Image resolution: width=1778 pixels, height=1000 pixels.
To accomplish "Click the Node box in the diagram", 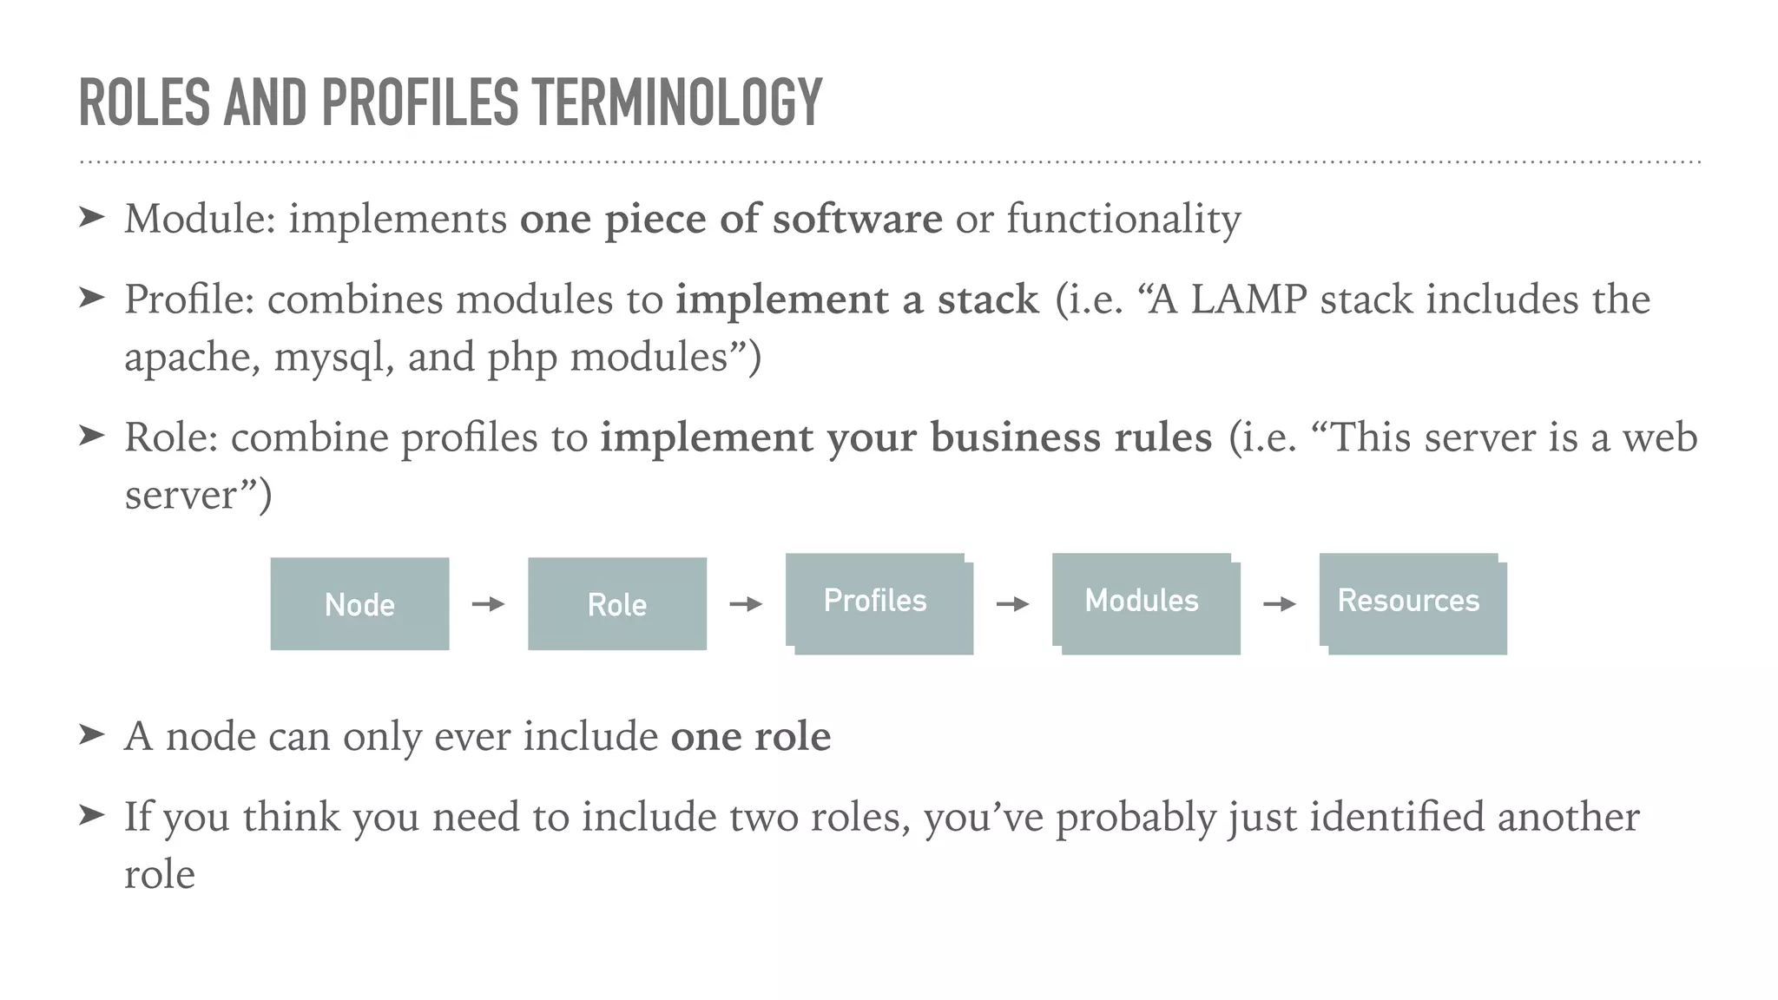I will tap(359, 604).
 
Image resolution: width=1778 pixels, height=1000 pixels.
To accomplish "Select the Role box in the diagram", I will tap(617, 604).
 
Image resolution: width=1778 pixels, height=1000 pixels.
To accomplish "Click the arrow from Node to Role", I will tap(488, 604).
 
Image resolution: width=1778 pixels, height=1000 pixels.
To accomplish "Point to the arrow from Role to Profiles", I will tap(746, 604).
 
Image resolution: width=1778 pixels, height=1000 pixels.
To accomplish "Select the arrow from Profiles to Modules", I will tap(1012, 604).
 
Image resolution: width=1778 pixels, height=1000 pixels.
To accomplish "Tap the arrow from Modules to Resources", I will tap(1279, 604).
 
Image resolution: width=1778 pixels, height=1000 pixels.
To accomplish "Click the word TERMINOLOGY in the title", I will tap(676, 102).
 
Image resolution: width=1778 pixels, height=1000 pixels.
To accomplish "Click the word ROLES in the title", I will tap(144, 102).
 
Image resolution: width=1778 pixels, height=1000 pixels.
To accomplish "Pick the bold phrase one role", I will tap(751, 737).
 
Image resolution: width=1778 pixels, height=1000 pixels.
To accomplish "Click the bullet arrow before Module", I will tap(91, 217).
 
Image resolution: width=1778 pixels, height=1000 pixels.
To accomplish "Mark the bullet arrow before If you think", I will tap(91, 815).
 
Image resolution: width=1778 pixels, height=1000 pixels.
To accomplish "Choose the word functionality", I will tap(1123, 219).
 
